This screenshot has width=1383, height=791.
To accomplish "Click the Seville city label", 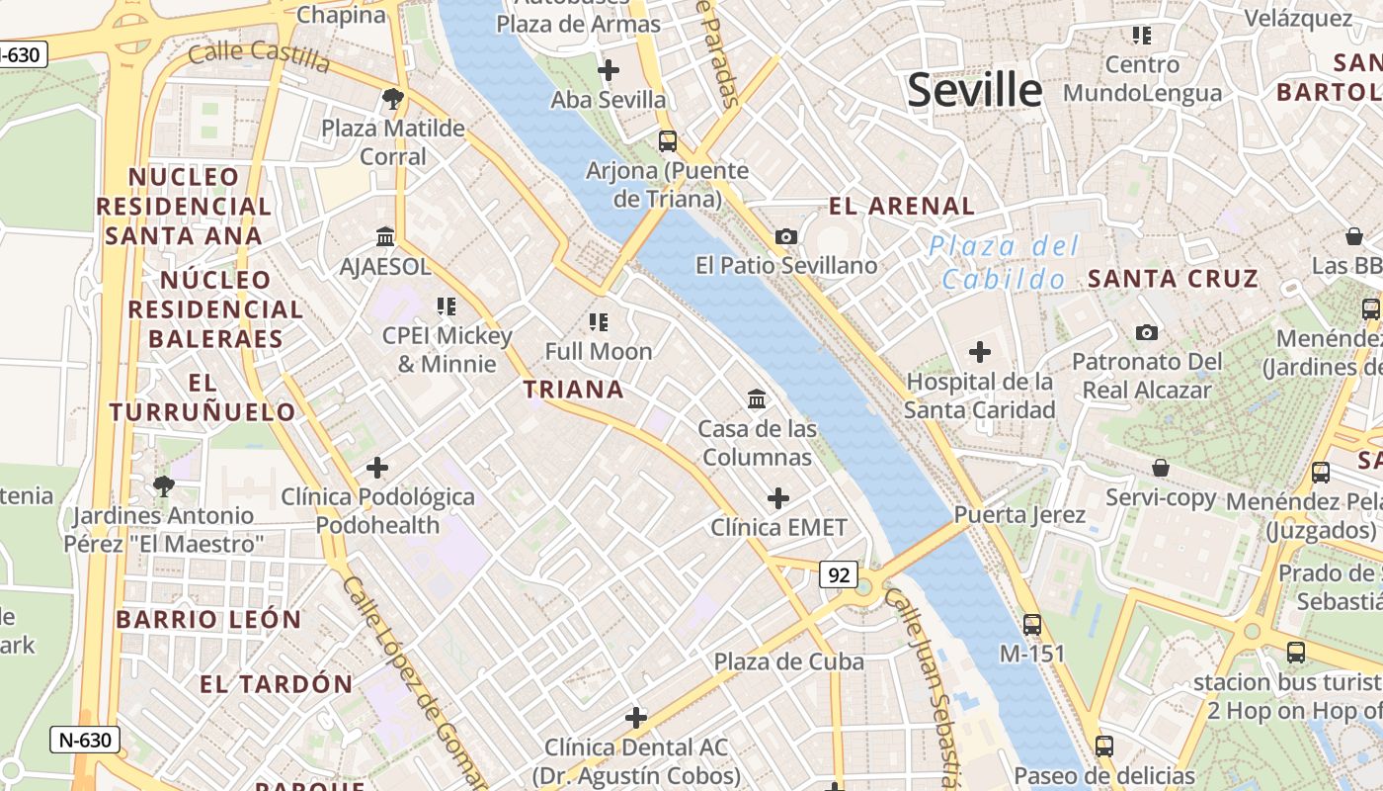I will pyautogui.click(x=974, y=90).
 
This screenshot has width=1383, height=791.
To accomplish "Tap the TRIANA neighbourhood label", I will pyautogui.click(x=574, y=390).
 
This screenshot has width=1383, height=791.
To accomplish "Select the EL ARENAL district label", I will pyautogui.click(x=902, y=207).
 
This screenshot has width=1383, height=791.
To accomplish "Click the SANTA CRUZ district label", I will pyautogui.click(x=1174, y=279).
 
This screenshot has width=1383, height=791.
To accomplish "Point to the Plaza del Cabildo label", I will pyautogui.click(x=1005, y=263).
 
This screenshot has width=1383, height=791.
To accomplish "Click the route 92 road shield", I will pyautogui.click(x=839, y=574).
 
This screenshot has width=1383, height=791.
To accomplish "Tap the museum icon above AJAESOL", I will pyautogui.click(x=385, y=237).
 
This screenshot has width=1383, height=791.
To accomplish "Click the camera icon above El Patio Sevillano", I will pyautogui.click(x=786, y=236).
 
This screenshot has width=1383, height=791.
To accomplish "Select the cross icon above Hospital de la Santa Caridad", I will pyautogui.click(x=980, y=352).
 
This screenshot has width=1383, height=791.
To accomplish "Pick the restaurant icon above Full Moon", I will pyautogui.click(x=599, y=322).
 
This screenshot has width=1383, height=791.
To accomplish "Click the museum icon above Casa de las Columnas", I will pyautogui.click(x=758, y=399).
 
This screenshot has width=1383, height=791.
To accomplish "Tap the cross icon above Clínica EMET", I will pyautogui.click(x=778, y=497).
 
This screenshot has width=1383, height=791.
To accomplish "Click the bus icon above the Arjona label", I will pyautogui.click(x=668, y=141).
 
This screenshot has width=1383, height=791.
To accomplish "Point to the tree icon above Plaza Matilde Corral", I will pyautogui.click(x=393, y=99).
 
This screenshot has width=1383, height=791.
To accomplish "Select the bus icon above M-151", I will pyautogui.click(x=1032, y=625).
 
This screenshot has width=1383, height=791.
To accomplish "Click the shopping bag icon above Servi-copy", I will pyautogui.click(x=1161, y=468).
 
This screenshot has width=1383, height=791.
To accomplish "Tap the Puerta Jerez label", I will pyautogui.click(x=1019, y=515).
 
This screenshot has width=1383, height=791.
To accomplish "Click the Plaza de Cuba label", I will pyautogui.click(x=789, y=661).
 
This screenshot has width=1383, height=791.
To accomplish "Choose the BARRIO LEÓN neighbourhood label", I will pyautogui.click(x=208, y=620).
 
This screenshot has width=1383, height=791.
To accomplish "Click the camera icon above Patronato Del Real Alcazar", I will pyautogui.click(x=1147, y=332).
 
